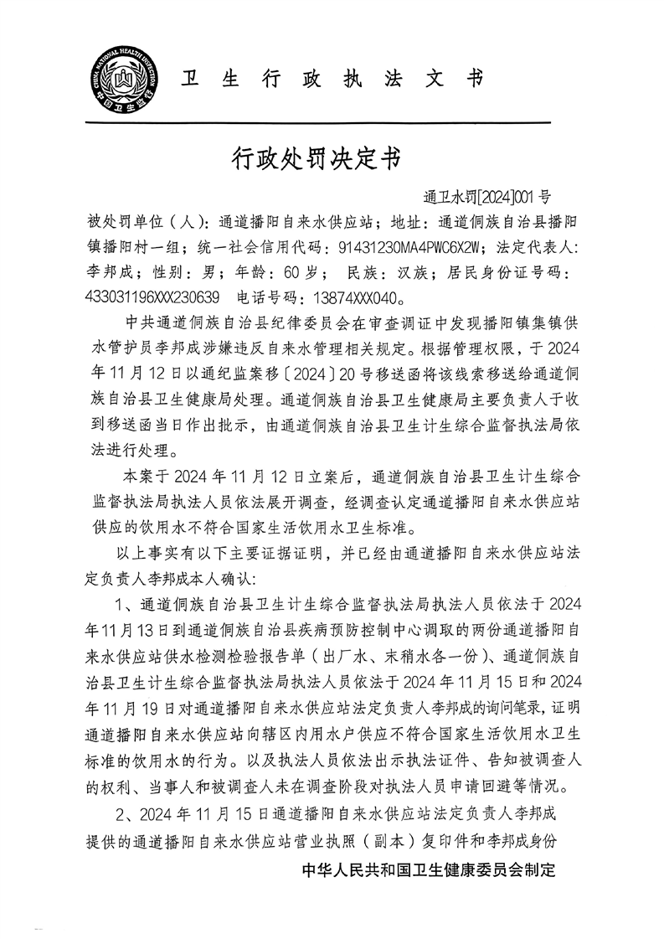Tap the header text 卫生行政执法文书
[x=333, y=79]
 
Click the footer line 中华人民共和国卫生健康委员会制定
[x=428, y=871]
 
